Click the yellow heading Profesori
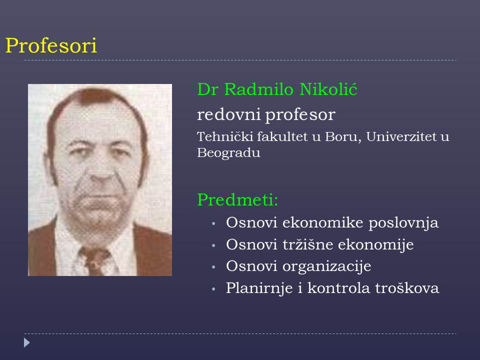click(x=51, y=46)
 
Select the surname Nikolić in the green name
click(x=328, y=89)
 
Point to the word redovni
click(x=228, y=114)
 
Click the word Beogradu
click(x=228, y=153)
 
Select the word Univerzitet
click(x=401, y=136)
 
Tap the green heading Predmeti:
click(x=237, y=199)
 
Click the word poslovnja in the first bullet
click(x=403, y=223)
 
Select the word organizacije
click(x=326, y=266)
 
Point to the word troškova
click(x=407, y=288)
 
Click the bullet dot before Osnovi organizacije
click(x=213, y=267)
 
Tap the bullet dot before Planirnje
click(x=213, y=289)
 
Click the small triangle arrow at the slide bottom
click(x=27, y=342)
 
